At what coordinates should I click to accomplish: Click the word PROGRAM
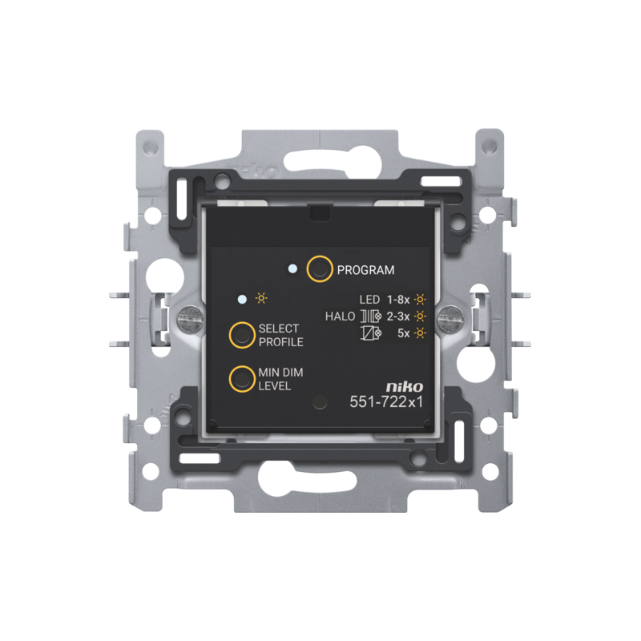pyautogui.click(x=365, y=270)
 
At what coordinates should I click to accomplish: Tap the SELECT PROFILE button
pyautogui.click(x=242, y=335)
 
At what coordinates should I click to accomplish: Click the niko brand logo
pyautogui.click(x=405, y=386)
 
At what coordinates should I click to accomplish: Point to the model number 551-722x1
pyautogui.click(x=386, y=402)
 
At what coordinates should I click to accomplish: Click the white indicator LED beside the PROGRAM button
pyautogui.click(x=292, y=269)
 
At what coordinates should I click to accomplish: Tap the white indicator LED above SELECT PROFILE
pyautogui.click(x=243, y=299)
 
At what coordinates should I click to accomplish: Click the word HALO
pyautogui.click(x=340, y=316)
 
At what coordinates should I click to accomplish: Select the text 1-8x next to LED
pyautogui.click(x=398, y=300)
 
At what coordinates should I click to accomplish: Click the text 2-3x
pyautogui.click(x=398, y=316)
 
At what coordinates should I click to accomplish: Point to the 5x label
pyautogui.click(x=404, y=333)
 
